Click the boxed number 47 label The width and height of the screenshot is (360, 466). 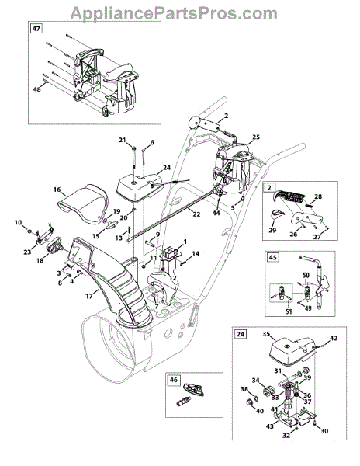[x=36, y=29]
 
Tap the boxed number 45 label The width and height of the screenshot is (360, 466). [x=272, y=257]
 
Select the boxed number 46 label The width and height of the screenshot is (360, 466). [x=174, y=380]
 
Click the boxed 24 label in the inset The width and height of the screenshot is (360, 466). [x=241, y=334]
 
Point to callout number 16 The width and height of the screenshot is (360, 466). [x=57, y=190]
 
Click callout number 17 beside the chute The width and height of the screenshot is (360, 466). [x=89, y=297]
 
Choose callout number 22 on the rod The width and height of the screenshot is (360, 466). [x=196, y=214]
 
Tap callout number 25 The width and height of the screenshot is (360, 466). [x=256, y=137]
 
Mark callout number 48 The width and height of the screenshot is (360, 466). [x=36, y=89]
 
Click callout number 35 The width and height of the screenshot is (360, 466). [x=266, y=334]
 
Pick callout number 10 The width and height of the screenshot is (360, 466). [x=18, y=222]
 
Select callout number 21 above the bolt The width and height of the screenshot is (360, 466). [x=123, y=140]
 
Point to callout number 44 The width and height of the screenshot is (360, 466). [x=216, y=213]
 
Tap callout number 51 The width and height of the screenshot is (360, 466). [x=289, y=311]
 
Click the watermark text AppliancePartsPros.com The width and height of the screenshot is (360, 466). [x=174, y=13]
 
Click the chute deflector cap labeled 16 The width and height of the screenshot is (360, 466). [x=83, y=203]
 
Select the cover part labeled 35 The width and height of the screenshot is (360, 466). [x=292, y=353]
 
